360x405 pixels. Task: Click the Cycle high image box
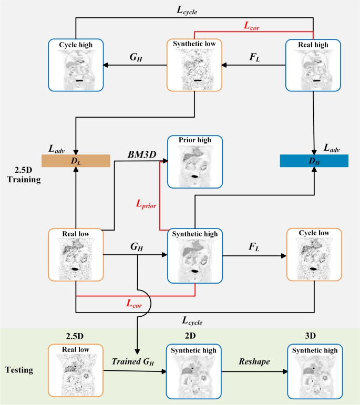coord(76,65)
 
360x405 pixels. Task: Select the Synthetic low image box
coord(194,65)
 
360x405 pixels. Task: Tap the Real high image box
coord(313,65)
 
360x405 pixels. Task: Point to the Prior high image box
coord(195,161)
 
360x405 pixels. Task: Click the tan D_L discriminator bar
coord(77,161)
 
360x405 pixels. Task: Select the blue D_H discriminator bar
coord(314,161)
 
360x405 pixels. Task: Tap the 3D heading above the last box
coord(314,335)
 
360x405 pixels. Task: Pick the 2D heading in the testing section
coord(194,335)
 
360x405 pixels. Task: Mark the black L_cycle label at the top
coord(194,9)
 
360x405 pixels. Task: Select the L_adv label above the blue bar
coord(332,150)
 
